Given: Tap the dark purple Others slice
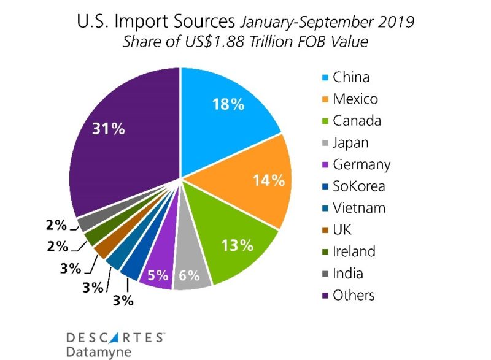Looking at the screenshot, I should (123, 153).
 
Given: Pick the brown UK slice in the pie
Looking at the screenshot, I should (102, 249).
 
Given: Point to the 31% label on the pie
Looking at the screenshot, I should (109, 129).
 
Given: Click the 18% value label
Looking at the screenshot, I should (229, 104).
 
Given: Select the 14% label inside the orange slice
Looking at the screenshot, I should (269, 180).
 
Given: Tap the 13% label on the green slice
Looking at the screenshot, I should (238, 245).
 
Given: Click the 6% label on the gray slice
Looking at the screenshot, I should (189, 276).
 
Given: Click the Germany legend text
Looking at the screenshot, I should (361, 164).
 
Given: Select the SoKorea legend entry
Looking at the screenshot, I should (358, 186).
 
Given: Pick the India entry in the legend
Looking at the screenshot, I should (347, 273).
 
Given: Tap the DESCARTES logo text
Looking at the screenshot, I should (114, 337).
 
